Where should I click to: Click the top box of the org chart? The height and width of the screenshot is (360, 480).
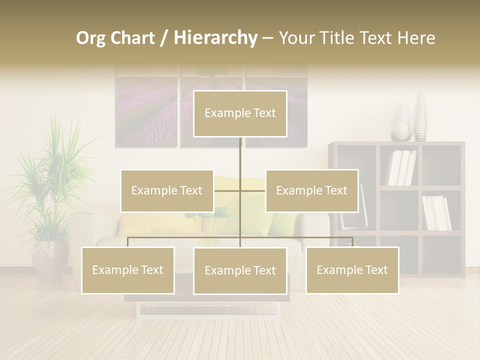point(240,113)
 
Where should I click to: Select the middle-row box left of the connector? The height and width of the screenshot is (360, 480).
point(166,190)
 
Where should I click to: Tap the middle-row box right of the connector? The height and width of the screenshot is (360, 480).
point(311,190)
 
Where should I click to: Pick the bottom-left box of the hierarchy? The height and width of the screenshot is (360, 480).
point(127,270)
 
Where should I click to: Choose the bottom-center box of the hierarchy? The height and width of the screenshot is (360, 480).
point(240,270)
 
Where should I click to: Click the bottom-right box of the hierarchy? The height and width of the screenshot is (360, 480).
point(352,270)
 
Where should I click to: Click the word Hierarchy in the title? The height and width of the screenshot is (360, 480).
point(215,38)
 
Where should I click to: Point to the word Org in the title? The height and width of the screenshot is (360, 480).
point(91,38)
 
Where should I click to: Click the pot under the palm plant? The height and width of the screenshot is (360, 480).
point(50,257)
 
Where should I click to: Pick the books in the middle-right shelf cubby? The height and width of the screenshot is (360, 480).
point(436,212)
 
